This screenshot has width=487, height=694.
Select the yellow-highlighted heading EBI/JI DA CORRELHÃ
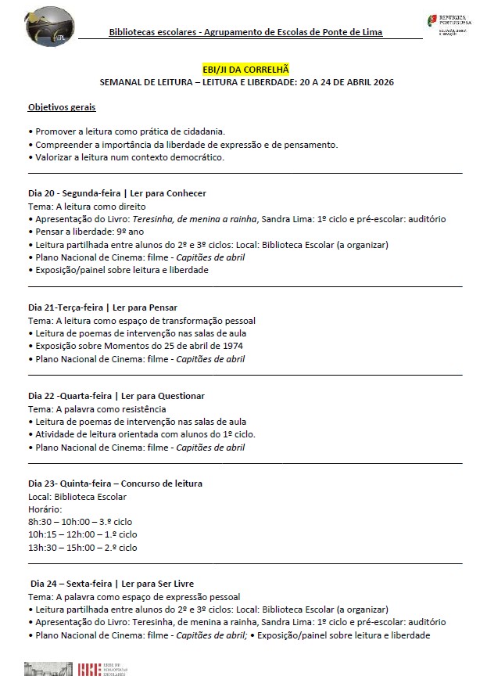246,70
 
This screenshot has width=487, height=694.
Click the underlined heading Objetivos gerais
62,106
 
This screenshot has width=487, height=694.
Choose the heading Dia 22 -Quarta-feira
116,396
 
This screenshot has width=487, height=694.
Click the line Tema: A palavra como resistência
97,409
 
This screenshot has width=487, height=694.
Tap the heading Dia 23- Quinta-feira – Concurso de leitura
115,484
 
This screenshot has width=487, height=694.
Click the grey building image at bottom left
48,669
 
